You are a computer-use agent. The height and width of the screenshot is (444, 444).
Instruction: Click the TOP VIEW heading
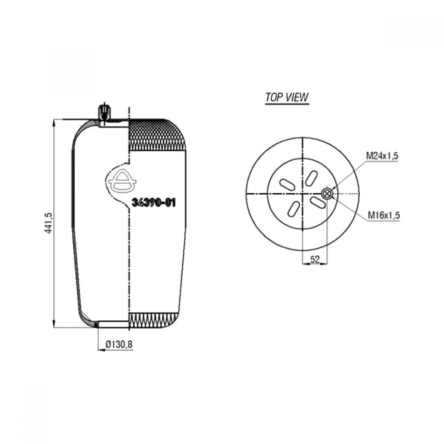(286, 97)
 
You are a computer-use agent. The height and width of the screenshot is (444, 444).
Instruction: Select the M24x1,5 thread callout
(382, 156)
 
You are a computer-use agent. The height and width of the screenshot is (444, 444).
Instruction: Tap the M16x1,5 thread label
(384, 215)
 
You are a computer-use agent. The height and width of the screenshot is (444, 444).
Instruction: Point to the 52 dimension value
(315, 259)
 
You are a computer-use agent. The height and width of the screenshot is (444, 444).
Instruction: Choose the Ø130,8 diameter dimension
(119, 345)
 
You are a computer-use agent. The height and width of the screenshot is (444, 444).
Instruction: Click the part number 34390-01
(154, 202)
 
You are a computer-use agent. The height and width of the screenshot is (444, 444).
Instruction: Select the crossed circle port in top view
(327, 194)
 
